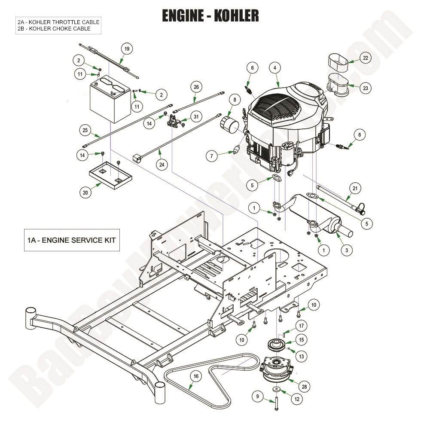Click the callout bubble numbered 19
click(x=126, y=49)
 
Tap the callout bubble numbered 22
click(x=365, y=58)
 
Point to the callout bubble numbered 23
click(x=365, y=88)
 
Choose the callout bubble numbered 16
click(x=196, y=376)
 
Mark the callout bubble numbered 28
click(x=305, y=387)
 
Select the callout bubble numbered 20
click(x=85, y=193)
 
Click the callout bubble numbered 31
click(x=196, y=117)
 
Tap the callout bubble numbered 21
click(x=355, y=188)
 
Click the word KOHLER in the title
click(x=235, y=15)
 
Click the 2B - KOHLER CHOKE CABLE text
click(x=54, y=28)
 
